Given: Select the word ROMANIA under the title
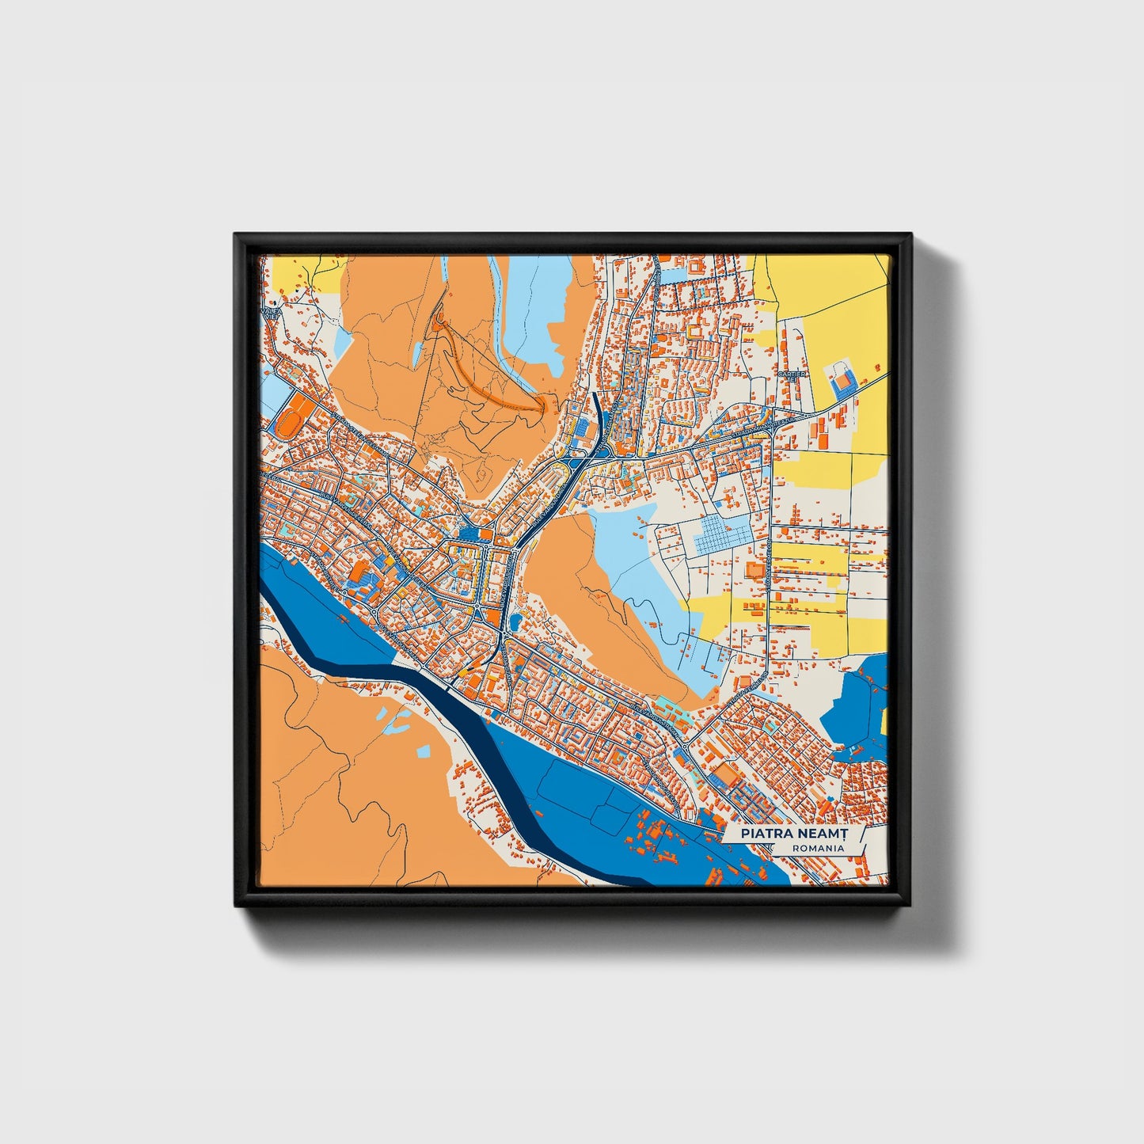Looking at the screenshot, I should pos(817,848).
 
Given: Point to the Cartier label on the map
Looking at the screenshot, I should pos(792,374).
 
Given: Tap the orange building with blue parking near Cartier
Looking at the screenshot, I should pos(842,382).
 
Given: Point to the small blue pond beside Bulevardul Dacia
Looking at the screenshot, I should pos(515,618).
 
